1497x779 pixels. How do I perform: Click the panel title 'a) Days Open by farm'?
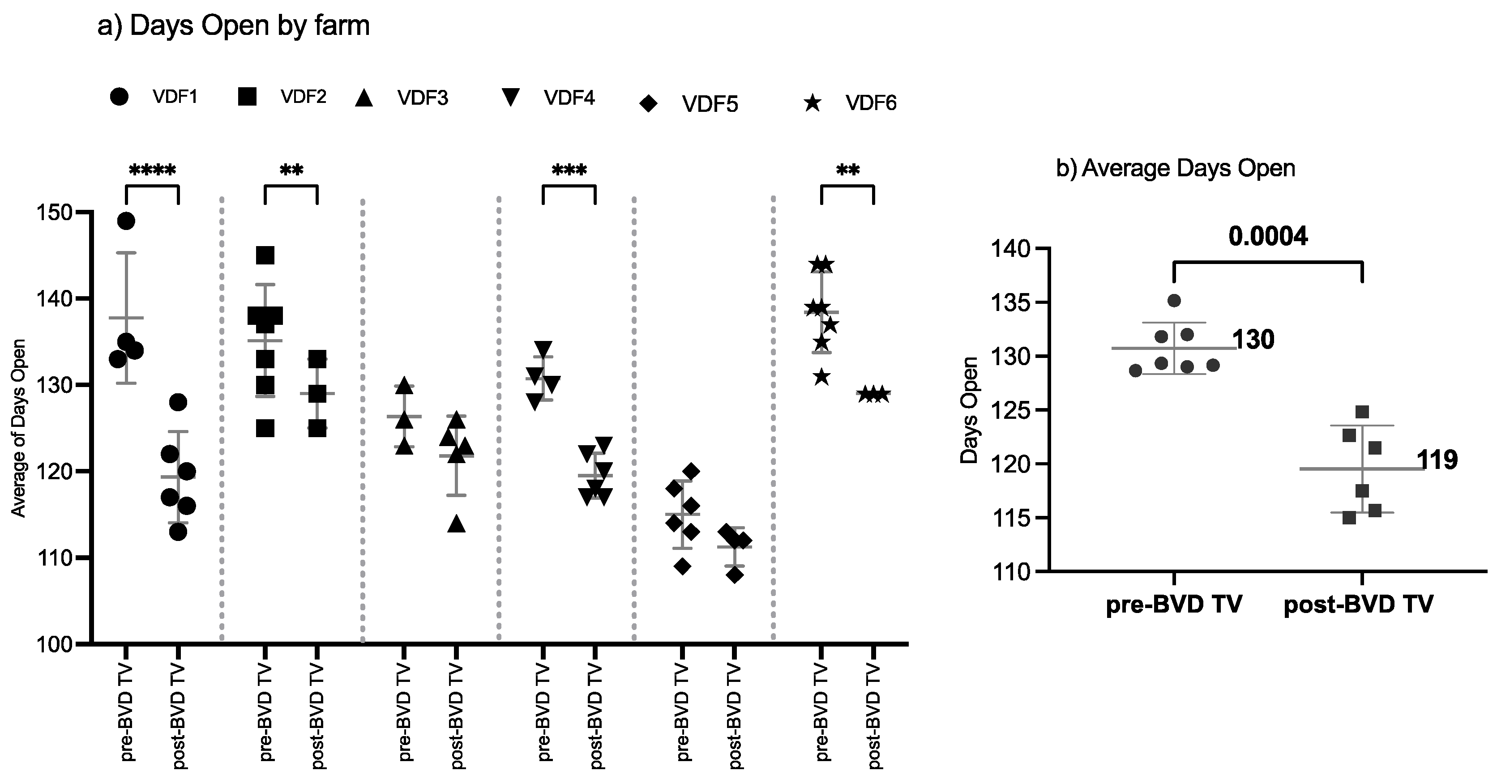(233, 26)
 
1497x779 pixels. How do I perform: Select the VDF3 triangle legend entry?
(401, 98)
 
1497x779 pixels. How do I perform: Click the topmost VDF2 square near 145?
(265, 255)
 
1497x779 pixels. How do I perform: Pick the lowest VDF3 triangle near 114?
(457, 524)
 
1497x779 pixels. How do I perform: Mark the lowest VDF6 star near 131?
(821, 378)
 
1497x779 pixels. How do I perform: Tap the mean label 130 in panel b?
(1253, 340)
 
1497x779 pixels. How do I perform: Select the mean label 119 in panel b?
(1437, 460)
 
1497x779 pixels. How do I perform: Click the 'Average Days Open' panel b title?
(1175, 169)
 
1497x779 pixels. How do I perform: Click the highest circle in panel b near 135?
(1174, 300)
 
